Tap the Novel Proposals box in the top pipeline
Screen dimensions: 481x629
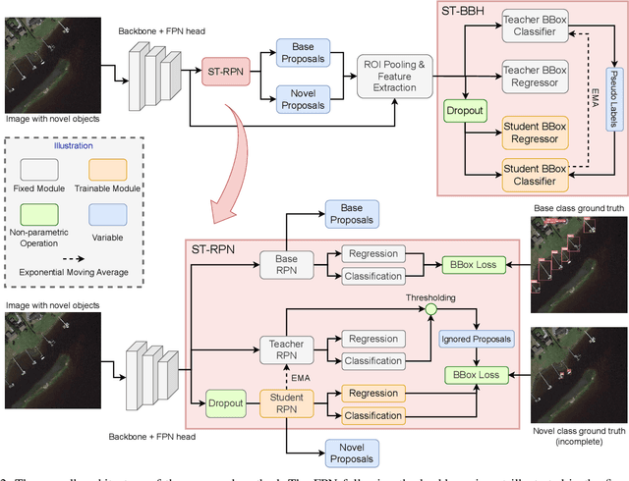click(x=304, y=98)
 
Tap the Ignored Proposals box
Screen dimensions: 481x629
click(x=477, y=339)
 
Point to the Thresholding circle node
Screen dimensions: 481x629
click(x=430, y=308)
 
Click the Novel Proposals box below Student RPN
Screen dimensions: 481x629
click(x=350, y=453)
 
